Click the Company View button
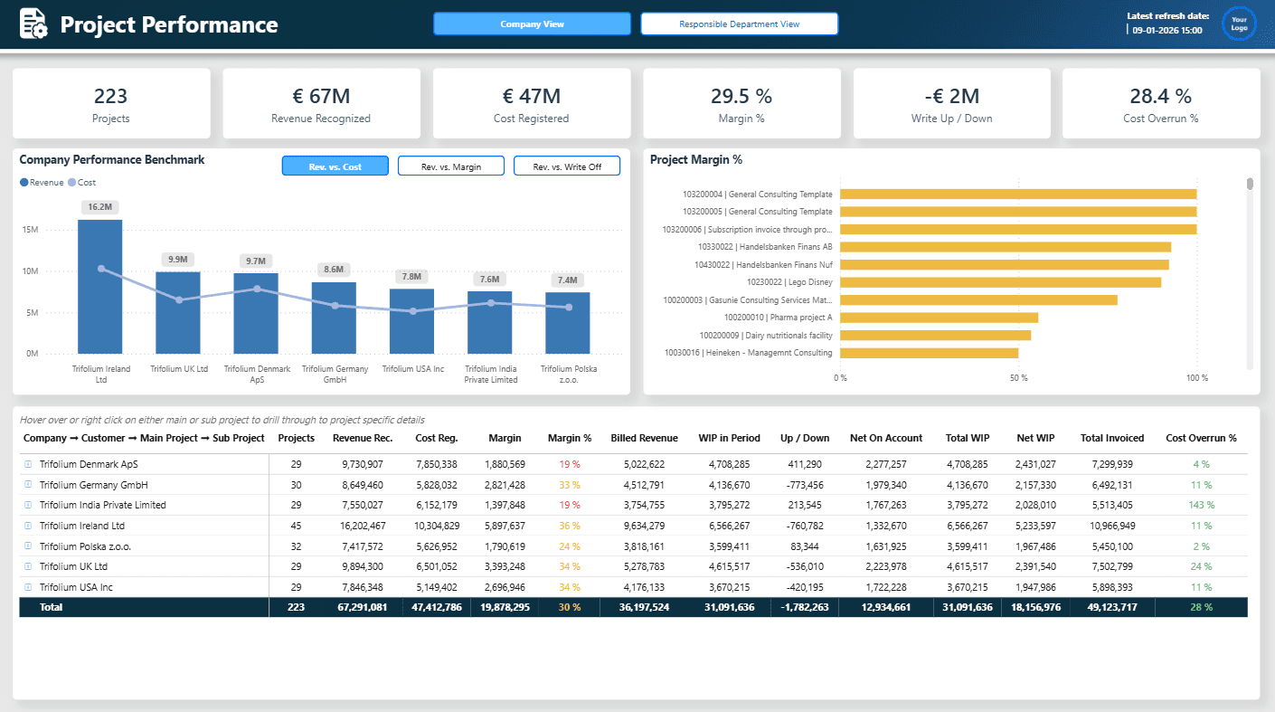[x=532, y=24]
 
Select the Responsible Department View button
[x=739, y=24]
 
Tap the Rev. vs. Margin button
[x=450, y=166]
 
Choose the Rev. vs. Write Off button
[x=566, y=166]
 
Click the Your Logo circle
[x=1239, y=24]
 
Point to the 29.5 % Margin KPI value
[x=741, y=96]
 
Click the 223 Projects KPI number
[x=110, y=96]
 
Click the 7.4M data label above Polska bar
[x=567, y=280]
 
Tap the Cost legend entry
[x=82, y=183]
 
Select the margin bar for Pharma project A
[x=939, y=318]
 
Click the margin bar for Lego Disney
[x=1000, y=282]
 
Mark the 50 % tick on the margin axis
[x=1018, y=377]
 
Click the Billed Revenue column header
[x=644, y=438]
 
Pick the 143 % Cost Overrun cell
[x=1201, y=505]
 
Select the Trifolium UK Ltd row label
[x=73, y=566]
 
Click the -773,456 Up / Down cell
[x=804, y=485]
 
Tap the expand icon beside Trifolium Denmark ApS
[x=28, y=464]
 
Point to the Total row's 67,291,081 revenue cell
[x=359, y=607]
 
